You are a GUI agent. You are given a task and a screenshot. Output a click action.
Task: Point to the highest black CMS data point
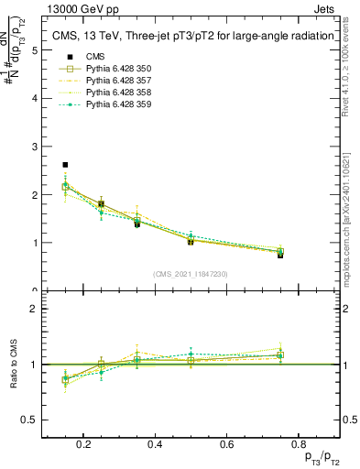click(x=65, y=165)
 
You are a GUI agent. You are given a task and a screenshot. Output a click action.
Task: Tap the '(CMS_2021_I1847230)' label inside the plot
click(x=191, y=273)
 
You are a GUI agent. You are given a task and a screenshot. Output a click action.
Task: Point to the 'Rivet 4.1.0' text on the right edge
click(x=353, y=64)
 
